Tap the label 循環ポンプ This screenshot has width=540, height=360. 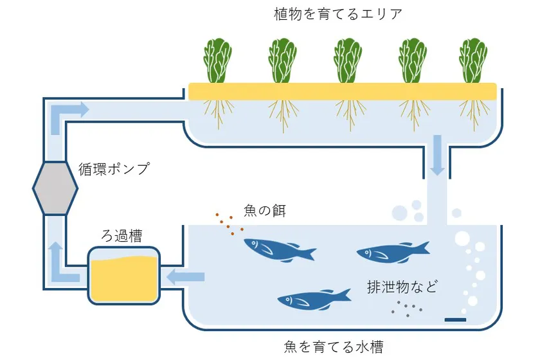115,170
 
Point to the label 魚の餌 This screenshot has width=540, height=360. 264,210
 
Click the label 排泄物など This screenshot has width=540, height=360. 402,287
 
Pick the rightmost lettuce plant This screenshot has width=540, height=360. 474,61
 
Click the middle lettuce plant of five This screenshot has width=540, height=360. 348,61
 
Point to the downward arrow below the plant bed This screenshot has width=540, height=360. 437,155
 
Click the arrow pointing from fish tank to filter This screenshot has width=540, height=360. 186,277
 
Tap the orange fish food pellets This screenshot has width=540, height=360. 229,222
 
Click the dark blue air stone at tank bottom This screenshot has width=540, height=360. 455,319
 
